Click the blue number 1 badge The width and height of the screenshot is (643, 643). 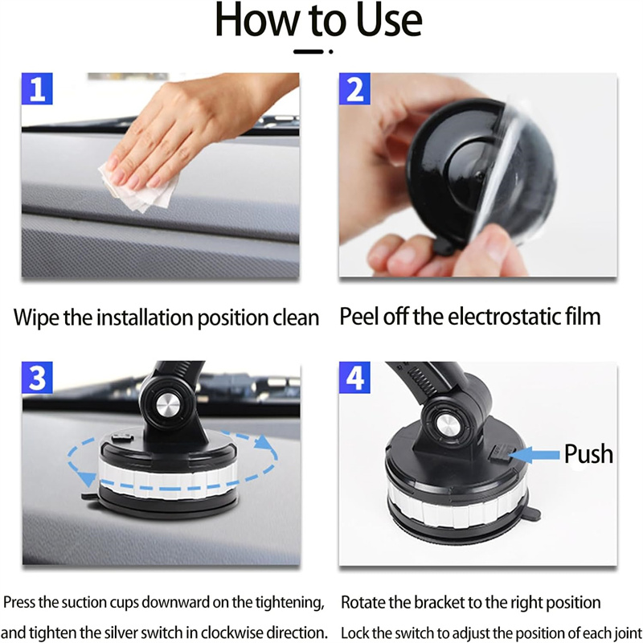point(37,88)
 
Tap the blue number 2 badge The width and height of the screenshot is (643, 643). point(354,88)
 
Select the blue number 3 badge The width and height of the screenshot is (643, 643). point(37,377)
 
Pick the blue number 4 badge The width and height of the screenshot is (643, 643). point(354,377)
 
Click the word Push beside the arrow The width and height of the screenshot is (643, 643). point(588,454)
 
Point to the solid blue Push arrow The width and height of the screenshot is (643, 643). point(534,455)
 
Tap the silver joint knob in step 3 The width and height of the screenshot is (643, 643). point(168,405)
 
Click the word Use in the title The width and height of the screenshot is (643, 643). point(389,20)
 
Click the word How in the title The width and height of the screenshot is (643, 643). point(257,20)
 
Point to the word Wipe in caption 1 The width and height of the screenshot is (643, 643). point(36,317)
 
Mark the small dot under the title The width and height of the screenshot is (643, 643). point(330,51)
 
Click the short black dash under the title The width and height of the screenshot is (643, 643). point(309,51)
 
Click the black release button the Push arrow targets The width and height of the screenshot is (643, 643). point(499,453)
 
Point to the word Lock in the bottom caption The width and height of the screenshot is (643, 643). point(355,633)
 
